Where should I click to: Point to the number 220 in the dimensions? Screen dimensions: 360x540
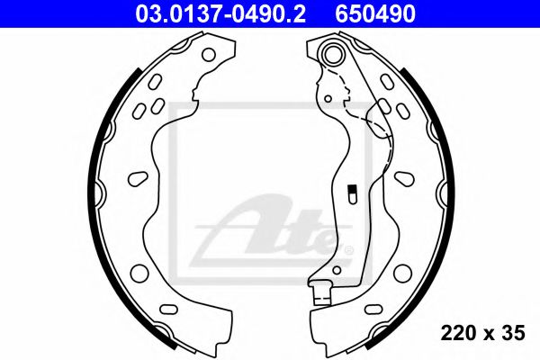(456, 334)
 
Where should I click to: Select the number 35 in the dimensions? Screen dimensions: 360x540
(512, 334)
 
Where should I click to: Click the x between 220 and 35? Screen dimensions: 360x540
(487, 335)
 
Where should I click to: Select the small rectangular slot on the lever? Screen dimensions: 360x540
(353, 191)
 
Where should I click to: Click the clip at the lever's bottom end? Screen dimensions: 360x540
(317, 292)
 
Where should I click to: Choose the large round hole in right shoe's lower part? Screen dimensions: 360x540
(402, 272)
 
